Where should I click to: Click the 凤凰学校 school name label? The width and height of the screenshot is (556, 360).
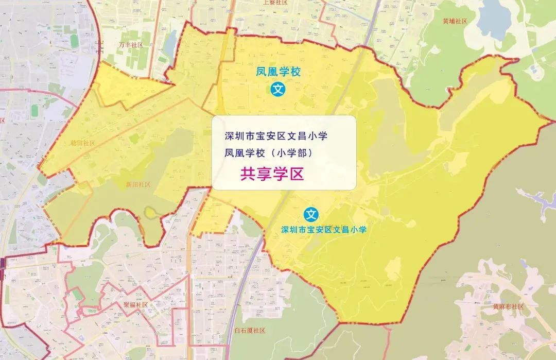click(x=279, y=73)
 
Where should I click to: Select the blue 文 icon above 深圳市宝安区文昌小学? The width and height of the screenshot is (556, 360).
click(x=311, y=213)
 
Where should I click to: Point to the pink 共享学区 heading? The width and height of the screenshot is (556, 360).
click(x=272, y=174)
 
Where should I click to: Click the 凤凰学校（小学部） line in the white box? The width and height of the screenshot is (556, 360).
click(x=268, y=153)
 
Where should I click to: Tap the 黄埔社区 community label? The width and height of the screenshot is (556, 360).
click(x=454, y=21)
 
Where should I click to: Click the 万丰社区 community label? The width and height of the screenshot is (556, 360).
click(x=130, y=45)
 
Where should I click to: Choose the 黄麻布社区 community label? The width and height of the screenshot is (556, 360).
click(x=508, y=306)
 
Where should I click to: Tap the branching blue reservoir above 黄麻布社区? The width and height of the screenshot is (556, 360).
click(x=535, y=198)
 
